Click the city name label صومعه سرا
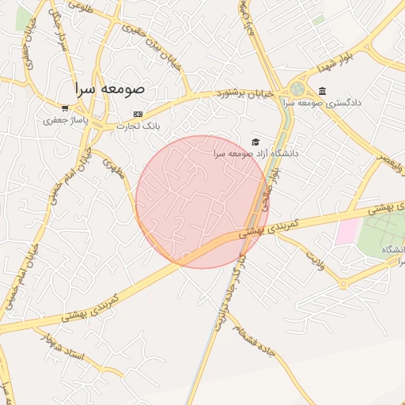pos(110,89)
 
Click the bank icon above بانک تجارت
pos(138,115)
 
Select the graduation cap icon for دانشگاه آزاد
pos(255,142)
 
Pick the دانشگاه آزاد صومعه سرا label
pos(255,153)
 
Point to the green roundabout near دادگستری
pos(297,89)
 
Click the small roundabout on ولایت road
pos(343,283)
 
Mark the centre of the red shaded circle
pos(201,202)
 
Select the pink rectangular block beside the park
pos(347,232)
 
